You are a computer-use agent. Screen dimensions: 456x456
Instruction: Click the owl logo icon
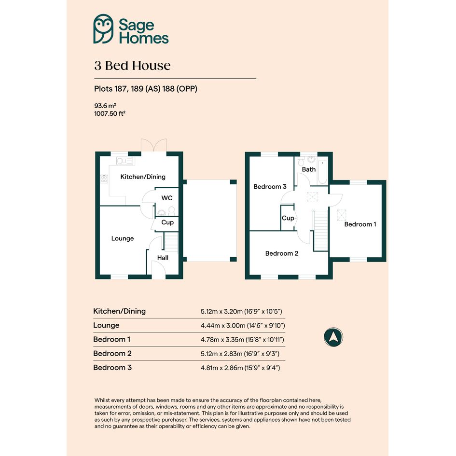tap(103, 29)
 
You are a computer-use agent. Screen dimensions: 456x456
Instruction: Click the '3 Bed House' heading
tap(132, 66)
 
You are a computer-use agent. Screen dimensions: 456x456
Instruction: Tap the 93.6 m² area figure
tap(105, 106)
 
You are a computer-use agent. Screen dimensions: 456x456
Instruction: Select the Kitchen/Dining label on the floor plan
tap(143, 177)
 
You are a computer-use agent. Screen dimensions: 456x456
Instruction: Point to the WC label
tap(167, 198)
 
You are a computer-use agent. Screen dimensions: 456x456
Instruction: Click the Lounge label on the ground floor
tap(123, 238)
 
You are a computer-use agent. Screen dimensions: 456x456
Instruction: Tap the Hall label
tap(163, 258)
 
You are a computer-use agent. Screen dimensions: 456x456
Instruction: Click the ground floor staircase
tap(171, 242)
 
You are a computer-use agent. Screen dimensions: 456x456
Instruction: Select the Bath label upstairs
tap(308, 169)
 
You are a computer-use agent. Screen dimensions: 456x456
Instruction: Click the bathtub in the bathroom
tap(322, 172)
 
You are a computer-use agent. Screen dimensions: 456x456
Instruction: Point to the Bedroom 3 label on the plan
tap(270, 187)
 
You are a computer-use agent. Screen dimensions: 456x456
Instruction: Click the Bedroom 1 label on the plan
tap(360, 224)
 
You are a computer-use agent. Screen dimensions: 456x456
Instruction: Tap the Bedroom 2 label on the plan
tap(281, 254)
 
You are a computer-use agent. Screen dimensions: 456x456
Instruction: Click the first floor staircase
tap(320, 230)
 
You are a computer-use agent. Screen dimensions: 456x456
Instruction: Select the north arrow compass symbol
tap(333, 337)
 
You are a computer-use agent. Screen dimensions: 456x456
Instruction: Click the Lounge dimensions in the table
tap(243, 325)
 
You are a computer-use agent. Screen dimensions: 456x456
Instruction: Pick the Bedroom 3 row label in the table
tap(112, 368)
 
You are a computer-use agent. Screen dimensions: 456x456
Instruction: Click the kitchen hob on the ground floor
tap(104, 179)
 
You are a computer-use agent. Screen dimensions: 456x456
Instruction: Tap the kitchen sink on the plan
tap(125, 161)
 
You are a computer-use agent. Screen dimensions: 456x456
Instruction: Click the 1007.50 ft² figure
tap(110, 113)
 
